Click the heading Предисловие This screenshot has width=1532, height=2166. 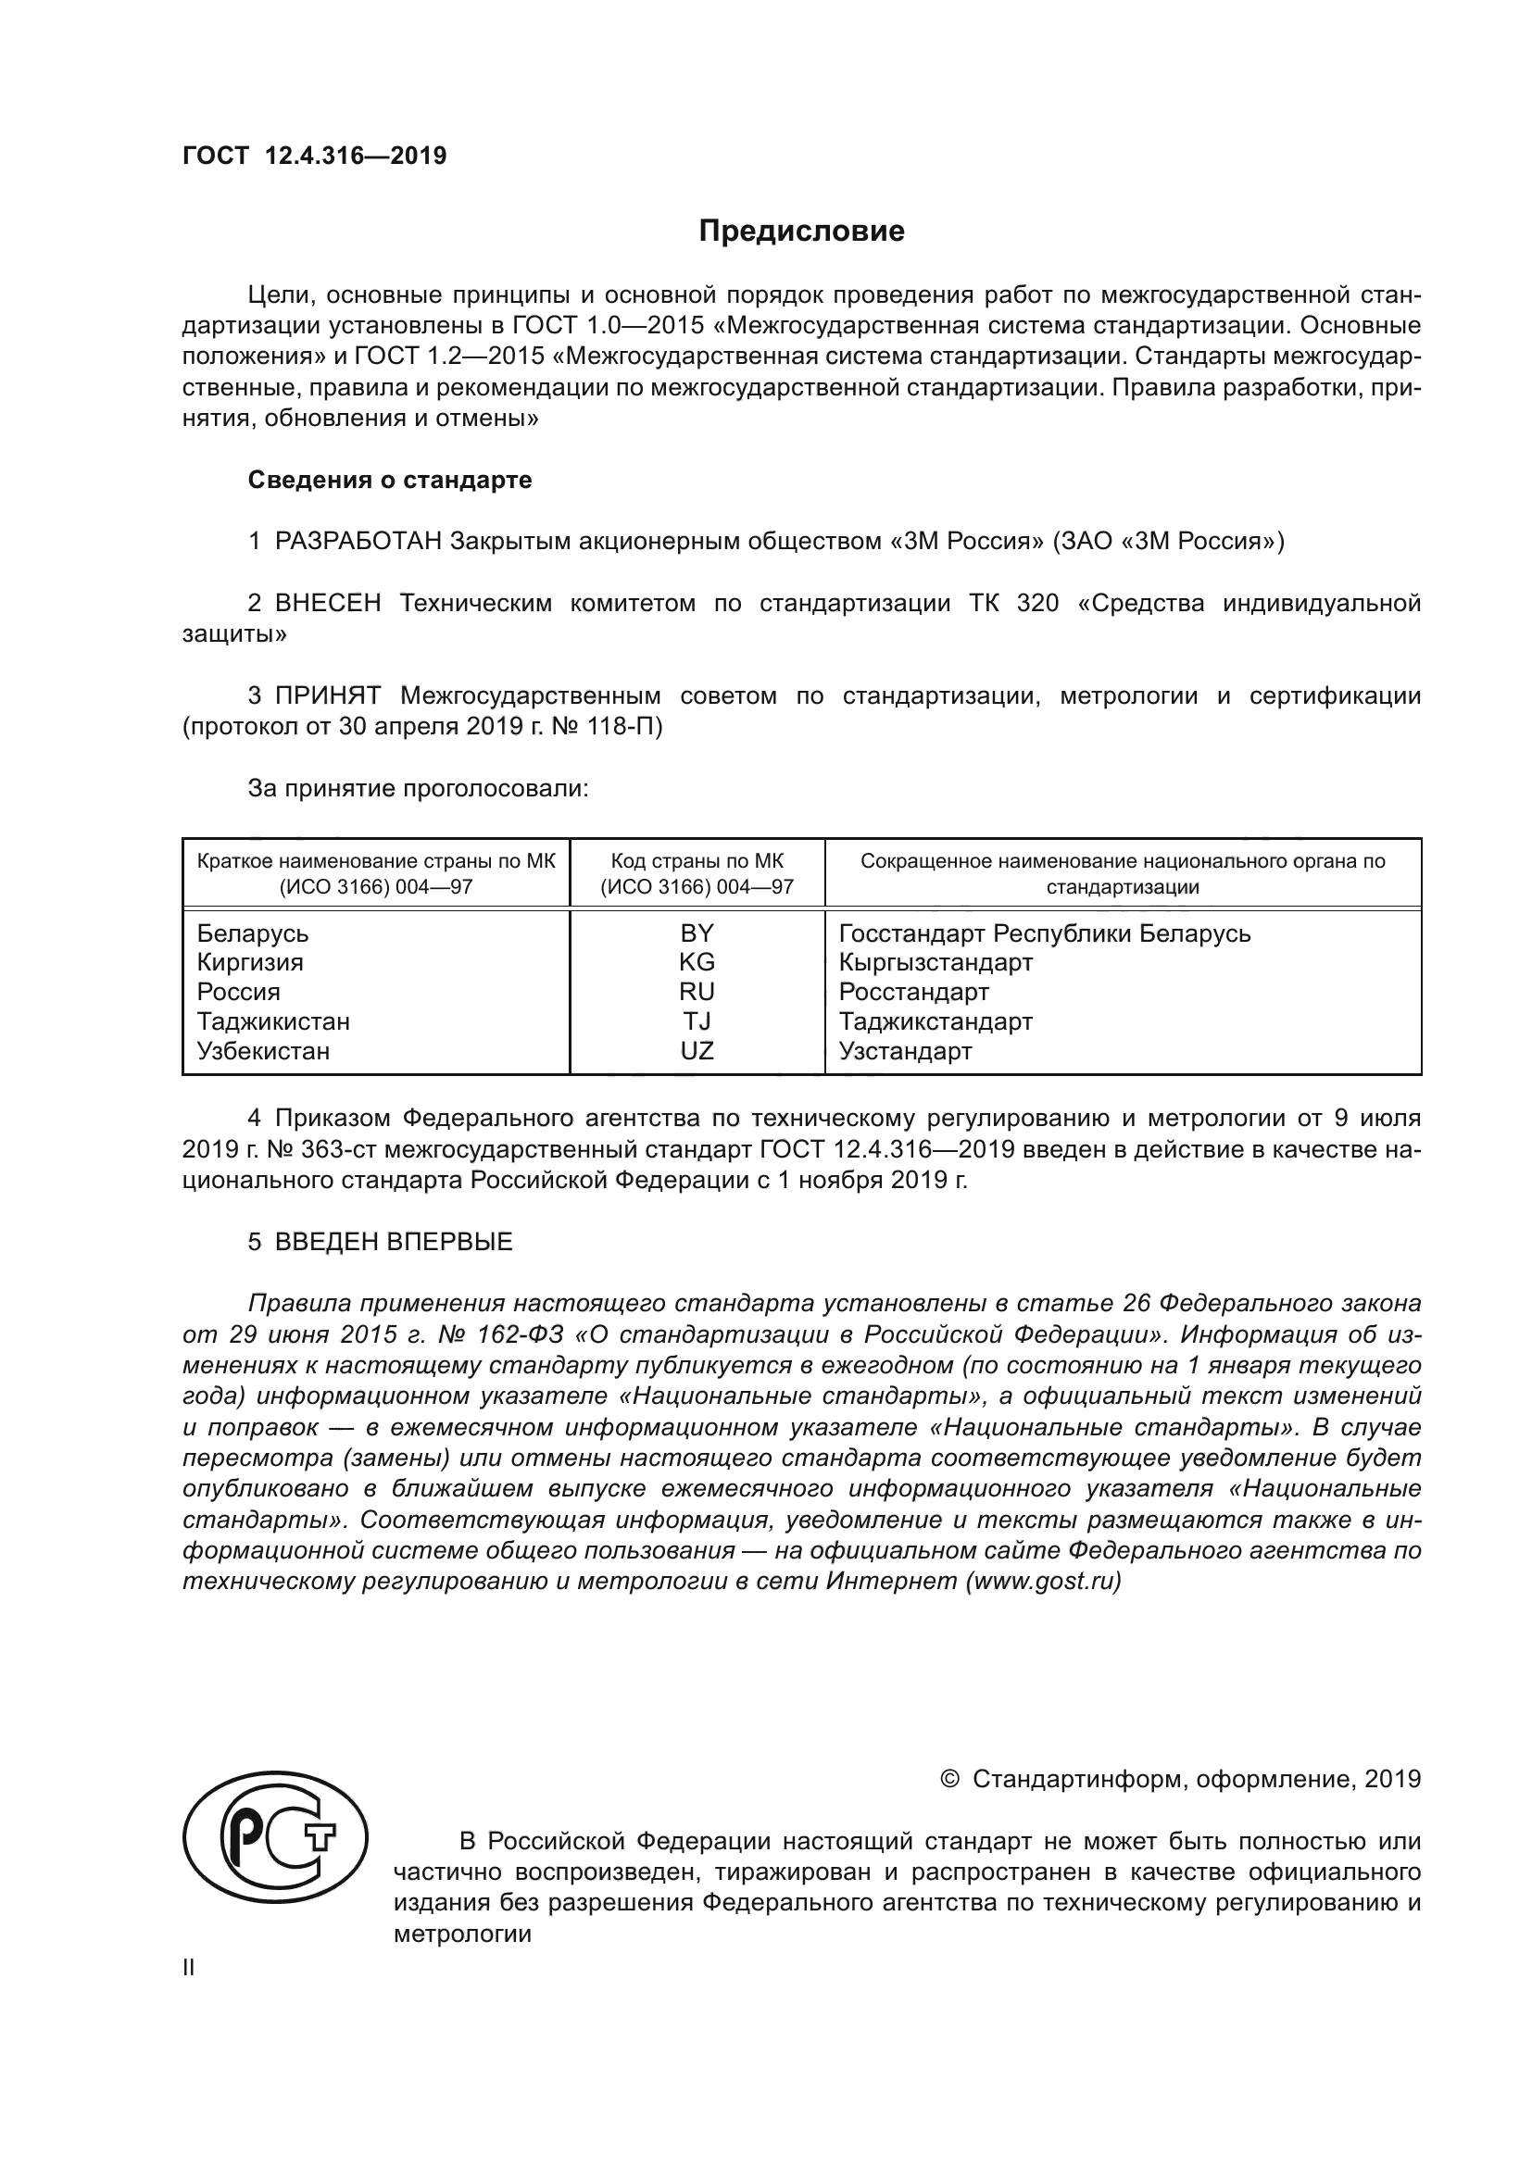[801, 232]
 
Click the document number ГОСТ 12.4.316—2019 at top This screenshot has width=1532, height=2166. [314, 157]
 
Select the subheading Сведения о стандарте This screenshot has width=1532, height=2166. [390, 481]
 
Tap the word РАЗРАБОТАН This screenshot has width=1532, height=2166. [358, 542]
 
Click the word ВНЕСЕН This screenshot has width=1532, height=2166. [327, 604]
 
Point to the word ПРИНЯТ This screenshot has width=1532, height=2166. [327, 696]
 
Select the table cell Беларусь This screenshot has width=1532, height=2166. [253, 934]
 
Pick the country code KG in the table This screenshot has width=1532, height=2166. [697, 962]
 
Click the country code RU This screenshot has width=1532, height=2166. [697, 992]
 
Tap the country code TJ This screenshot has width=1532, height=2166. [697, 1021]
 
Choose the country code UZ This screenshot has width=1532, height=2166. [697, 1051]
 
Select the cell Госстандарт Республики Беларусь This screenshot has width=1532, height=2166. [1044, 934]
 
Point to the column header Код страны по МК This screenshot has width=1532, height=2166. [697, 861]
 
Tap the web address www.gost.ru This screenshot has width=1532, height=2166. [1042, 1582]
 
